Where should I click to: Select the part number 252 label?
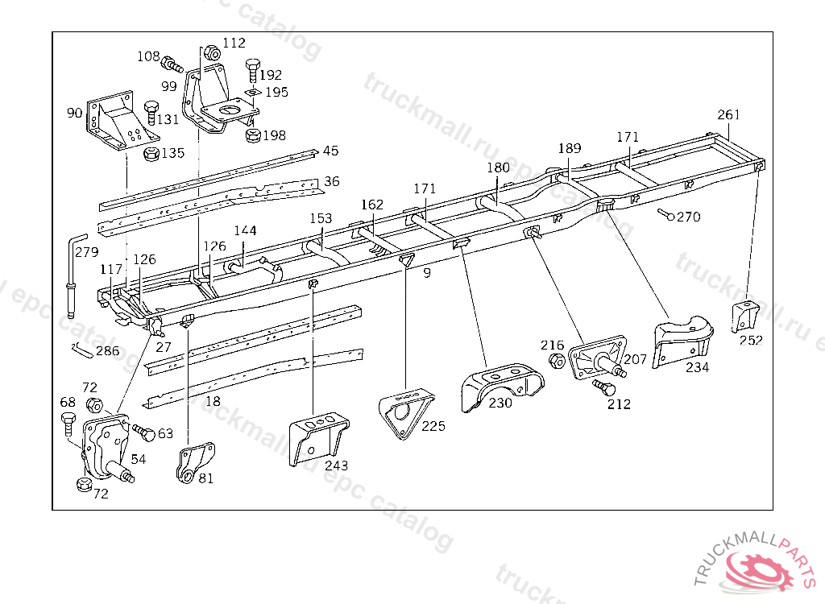pos(750,340)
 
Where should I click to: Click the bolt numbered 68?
pos(68,422)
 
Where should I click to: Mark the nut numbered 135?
pos(151,153)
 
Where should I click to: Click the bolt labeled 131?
pos(151,110)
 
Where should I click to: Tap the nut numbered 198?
pos(252,134)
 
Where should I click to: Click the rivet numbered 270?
pos(666,215)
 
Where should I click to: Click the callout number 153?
pos(321,218)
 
